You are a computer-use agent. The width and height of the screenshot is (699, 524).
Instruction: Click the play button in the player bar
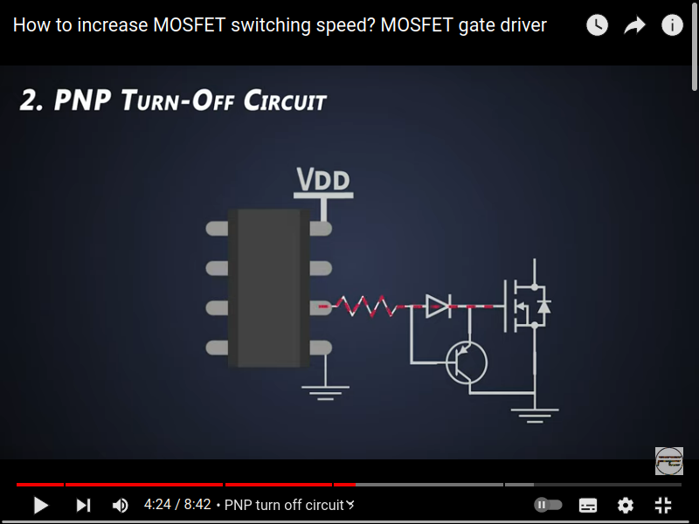click(40, 505)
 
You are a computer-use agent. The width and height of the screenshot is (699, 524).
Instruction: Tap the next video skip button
click(83, 505)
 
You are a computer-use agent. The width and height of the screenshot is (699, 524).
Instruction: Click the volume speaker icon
click(121, 505)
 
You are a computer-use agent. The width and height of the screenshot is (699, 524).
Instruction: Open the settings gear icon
click(626, 505)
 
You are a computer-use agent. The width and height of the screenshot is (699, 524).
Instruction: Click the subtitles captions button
click(588, 505)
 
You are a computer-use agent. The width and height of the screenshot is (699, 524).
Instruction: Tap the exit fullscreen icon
click(663, 505)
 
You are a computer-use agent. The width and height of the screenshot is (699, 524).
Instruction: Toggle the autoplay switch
click(548, 505)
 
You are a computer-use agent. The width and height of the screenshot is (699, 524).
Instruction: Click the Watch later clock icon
click(597, 25)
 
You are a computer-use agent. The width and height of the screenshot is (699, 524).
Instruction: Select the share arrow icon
click(634, 25)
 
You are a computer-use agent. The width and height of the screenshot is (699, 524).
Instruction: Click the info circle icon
click(672, 25)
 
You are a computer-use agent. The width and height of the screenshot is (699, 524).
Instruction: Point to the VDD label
click(323, 181)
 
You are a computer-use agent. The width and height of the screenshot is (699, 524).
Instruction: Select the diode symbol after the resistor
click(437, 305)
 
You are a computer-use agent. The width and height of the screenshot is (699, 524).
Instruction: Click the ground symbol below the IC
click(325, 391)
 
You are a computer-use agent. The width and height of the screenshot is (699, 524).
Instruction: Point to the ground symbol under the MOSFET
click(534, 413)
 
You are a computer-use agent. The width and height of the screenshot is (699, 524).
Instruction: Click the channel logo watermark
click(668, 460)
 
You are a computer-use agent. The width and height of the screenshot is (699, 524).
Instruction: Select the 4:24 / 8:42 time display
click(177, 505)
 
